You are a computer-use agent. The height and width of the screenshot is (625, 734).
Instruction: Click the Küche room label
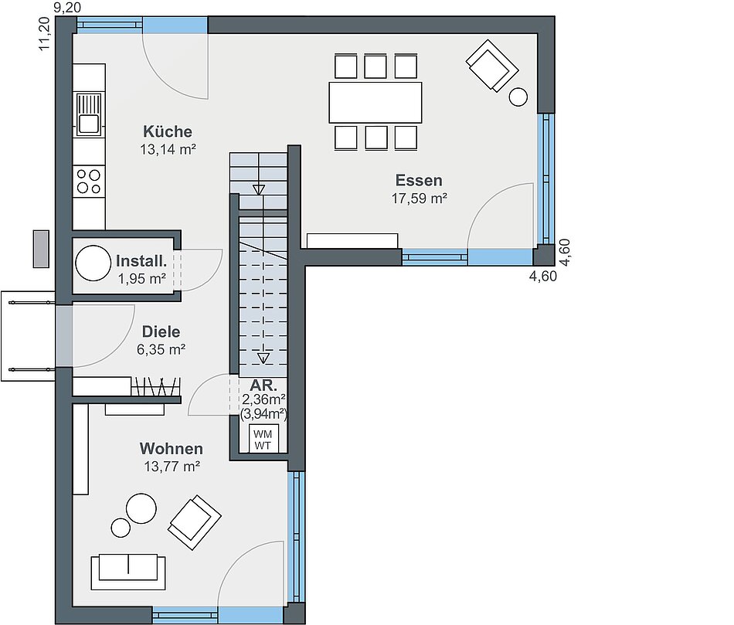click(x=168, y=131)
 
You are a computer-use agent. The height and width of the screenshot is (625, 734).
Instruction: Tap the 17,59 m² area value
click(x=420, y=199)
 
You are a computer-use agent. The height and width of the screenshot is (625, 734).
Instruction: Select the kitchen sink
click(x=89, y=114)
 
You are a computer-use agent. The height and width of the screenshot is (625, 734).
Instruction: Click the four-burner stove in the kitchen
click(x=89, y=182)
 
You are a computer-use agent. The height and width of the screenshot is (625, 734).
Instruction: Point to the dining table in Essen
click(x=375, y=103)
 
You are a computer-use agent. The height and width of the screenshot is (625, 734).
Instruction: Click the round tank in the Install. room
click(x=93, y=263)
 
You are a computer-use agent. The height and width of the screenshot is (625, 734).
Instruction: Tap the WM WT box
click(x=263, y=439)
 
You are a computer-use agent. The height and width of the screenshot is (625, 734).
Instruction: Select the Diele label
click(x=161, y=332)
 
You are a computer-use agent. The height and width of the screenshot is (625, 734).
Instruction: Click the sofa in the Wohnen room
click(x=128, y=572)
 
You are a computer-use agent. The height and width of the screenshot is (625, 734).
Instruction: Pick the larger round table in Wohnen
click(x=141, y=508)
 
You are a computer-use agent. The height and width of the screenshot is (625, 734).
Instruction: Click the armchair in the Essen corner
click(x=492, y=66)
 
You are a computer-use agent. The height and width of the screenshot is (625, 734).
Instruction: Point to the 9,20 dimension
click(x=67, y=8)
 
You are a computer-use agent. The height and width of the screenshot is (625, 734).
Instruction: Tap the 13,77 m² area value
click(x=172, y=467)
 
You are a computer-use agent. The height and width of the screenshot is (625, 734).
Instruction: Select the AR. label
click(x=263, y=386)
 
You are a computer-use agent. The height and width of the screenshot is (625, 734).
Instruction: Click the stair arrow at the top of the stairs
click(x=258, y=189)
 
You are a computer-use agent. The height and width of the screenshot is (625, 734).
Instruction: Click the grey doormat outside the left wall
click(x=41, y=249)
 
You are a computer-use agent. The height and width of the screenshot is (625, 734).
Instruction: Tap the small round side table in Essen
click(x=518, y=97)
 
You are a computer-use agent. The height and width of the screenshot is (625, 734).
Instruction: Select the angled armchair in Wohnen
click(x=194, y=522)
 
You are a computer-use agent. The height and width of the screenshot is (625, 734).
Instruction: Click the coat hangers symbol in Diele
click(x=156, y=386)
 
